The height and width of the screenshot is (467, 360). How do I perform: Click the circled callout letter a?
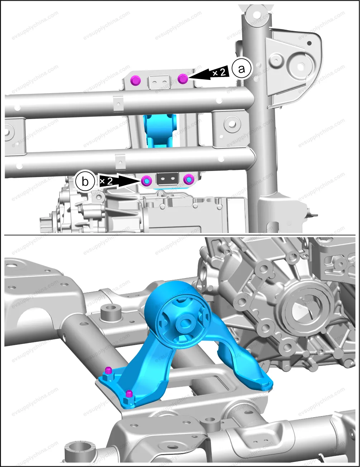[x=242, y=69]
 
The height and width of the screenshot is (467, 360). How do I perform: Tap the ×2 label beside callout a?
[x=219, y=72]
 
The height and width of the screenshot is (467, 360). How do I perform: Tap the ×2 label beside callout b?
[x=106, y=181]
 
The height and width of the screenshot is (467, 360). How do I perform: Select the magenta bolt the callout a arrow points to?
[x=183, y=79]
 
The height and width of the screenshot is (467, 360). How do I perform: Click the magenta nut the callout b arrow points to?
[x=147, y=181]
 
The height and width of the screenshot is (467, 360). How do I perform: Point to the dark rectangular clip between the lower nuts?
[x=168, y=178]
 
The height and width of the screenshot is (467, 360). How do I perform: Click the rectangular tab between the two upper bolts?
[x=159, y=82]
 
